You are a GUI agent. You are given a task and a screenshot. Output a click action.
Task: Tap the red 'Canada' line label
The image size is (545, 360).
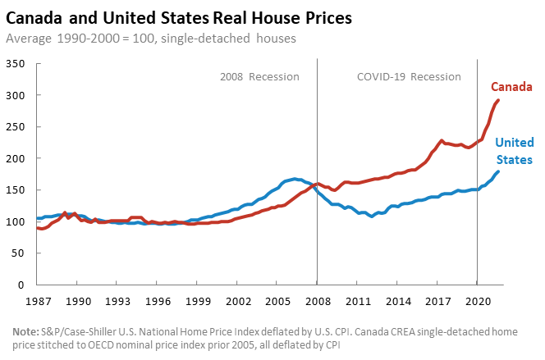click(512, 87)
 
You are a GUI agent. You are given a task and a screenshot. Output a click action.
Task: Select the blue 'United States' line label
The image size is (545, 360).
click(514, 151)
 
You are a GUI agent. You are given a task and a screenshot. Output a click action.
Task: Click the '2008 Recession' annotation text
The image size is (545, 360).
click(259, 76)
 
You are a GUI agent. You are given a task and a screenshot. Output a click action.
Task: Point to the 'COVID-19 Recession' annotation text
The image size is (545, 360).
click(409, 76)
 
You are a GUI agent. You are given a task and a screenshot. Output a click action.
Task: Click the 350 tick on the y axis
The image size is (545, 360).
click(16, 64)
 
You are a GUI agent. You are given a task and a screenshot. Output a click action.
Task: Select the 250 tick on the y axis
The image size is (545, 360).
click(16, 127)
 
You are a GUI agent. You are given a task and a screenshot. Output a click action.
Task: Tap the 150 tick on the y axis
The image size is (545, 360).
click(16, 190)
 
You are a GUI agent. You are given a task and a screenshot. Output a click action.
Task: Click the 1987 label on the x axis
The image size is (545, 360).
click(38, 300)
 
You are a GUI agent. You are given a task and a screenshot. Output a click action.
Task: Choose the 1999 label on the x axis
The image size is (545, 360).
click(197, 300)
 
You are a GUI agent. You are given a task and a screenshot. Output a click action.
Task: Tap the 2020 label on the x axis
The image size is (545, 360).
click(476, 300)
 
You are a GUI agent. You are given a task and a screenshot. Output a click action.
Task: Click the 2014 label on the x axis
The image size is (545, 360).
click(396, 300)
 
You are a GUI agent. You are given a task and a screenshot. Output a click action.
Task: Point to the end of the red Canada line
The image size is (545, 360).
click(498, 100)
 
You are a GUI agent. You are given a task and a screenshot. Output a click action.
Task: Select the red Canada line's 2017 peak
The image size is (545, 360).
click(442, 141)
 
